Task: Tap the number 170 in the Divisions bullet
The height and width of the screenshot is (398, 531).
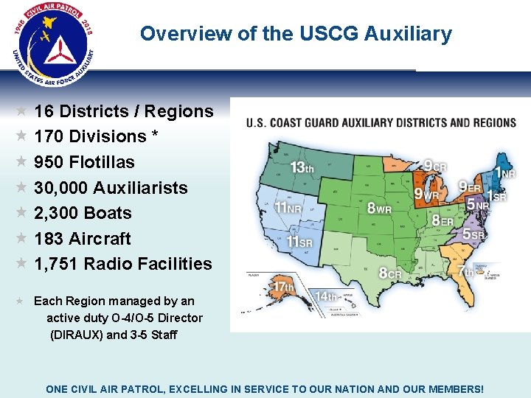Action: coord(49,137)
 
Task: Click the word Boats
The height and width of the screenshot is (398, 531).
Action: coord(108,213)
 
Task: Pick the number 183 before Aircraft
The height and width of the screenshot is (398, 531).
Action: coord(49,239)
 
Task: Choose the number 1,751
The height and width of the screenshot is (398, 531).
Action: coord(56,264)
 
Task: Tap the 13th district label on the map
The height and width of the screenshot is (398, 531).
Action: coord(302,167)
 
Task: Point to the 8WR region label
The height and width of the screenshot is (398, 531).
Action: coord(379,208)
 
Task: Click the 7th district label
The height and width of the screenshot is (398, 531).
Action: coord(465,272)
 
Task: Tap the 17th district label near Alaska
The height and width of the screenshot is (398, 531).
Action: coord(284,287)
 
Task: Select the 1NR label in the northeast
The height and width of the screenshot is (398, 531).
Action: coord(504,173)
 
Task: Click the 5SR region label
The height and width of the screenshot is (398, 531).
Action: coord(473,234)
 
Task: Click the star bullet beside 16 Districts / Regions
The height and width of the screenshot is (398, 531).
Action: coord(22,111)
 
